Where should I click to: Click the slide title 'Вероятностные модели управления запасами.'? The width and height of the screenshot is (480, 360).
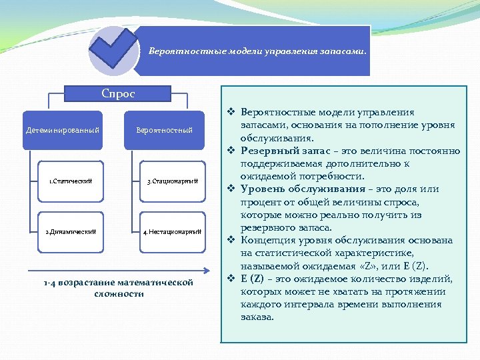[x=257, y=51]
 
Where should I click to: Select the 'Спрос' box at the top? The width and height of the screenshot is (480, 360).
[x=117, y=95]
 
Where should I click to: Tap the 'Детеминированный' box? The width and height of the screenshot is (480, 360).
[x=62, y=130]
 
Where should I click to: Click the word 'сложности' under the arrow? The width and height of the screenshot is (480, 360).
[x=119, y=294]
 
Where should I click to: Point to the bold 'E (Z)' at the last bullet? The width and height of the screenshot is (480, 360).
[x=251, y=279]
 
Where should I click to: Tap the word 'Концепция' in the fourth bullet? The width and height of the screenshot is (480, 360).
[x=267, y=240]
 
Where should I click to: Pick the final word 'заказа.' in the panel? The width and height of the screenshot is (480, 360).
[x=257, y=317]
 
